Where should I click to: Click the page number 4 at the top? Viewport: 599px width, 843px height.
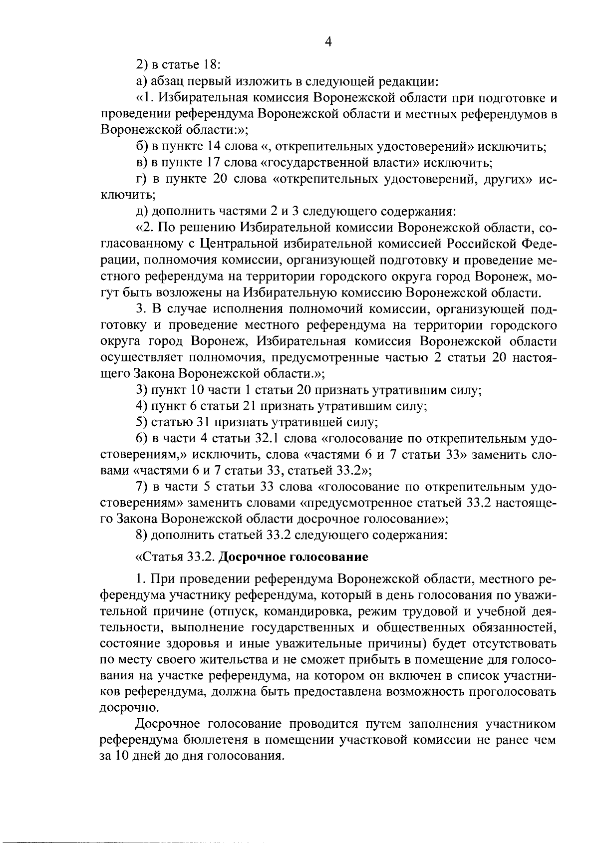[x=328, y=42]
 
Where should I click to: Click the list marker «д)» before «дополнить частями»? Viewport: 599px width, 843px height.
[x=142, y=212]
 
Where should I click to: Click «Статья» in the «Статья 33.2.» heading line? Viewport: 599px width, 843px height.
[x=158, y=557]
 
